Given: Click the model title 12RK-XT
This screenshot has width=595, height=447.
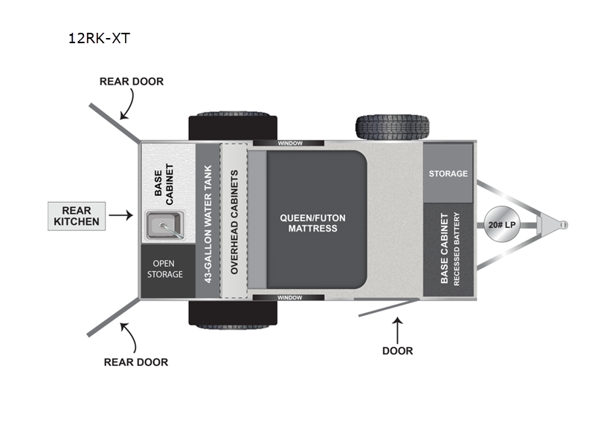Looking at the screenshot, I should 99,38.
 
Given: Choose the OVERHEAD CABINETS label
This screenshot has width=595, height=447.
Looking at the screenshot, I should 234,222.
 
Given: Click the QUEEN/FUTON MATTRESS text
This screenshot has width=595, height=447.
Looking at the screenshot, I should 312,223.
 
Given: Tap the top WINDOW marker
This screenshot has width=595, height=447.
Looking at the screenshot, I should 288,143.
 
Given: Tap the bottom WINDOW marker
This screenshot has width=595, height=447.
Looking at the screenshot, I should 288,297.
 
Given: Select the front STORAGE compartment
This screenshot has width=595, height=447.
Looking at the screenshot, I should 448,174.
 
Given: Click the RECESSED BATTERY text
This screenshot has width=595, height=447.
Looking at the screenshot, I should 457,250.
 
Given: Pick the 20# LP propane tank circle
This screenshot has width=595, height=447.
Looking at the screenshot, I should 503,224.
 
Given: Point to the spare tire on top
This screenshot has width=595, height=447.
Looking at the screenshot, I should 392,128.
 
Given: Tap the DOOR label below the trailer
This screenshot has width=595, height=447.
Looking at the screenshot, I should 398,350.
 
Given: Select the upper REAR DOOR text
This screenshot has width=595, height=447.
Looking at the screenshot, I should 132,81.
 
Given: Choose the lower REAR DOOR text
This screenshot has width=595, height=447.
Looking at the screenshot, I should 136,362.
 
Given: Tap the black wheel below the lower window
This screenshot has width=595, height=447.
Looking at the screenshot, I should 232,314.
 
